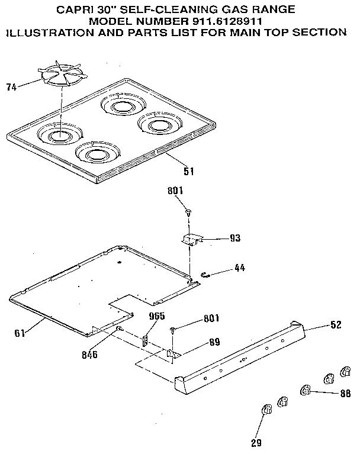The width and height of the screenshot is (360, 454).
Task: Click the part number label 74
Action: (x=11, y=88)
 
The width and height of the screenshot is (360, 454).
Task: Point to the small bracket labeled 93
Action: (x=191, y=239)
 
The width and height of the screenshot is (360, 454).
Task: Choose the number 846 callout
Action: (x=90, y=355)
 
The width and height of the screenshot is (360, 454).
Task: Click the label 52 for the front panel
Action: (x=335, y=325)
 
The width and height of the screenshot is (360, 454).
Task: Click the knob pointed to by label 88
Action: (x=306, y=389)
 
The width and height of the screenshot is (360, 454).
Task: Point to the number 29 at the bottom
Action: (x=256, y=442)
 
